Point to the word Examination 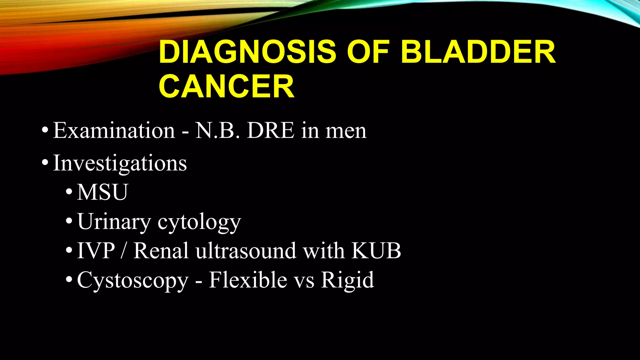(114, 130)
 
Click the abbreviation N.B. (217, 130)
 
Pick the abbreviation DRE (271, 130)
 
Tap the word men (346, 131)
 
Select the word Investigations (120, 163)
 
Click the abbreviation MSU (102, 192)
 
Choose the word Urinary (114, 222)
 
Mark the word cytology (199, 222)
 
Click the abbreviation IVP (96, 251)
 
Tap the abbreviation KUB (376, 251)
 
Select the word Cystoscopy (133, 280)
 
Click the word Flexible (248, 280)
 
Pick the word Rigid (347, 280)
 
